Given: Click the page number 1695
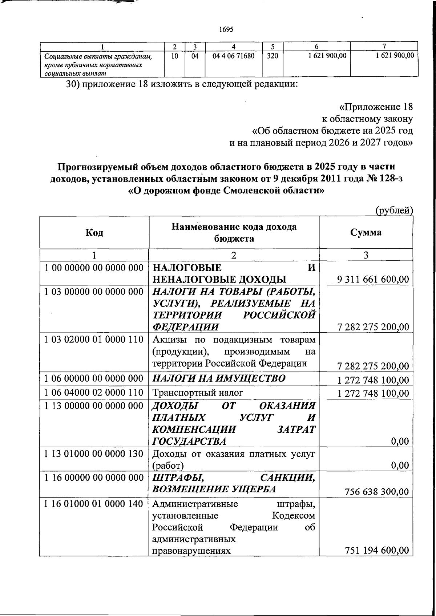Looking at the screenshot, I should tap(226, 29).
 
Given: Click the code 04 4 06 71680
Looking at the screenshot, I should tap(234, 56).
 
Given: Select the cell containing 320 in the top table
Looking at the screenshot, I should tap(272, 56).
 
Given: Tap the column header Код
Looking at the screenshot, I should tap(94, 232).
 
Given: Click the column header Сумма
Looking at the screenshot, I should tap(366, 232).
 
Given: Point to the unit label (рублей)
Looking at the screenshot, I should tap(394, 210).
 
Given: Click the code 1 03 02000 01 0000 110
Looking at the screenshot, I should tap(94, 340).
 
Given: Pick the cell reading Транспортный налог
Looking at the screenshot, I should tap(198, 393).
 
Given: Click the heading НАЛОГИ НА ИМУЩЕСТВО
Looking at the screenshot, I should tap(219, 379).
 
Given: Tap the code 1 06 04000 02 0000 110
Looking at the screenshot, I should tap(94, 393).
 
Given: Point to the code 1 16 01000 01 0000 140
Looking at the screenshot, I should tap(94, 504).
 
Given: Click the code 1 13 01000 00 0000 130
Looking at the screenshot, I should tap(94, 454).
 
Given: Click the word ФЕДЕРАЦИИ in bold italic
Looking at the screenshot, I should tap(185, 327).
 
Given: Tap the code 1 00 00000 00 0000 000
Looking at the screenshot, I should tap(94, 268).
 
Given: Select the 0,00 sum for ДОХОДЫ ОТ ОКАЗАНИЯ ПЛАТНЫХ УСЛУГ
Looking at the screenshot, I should tap(400, 441).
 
